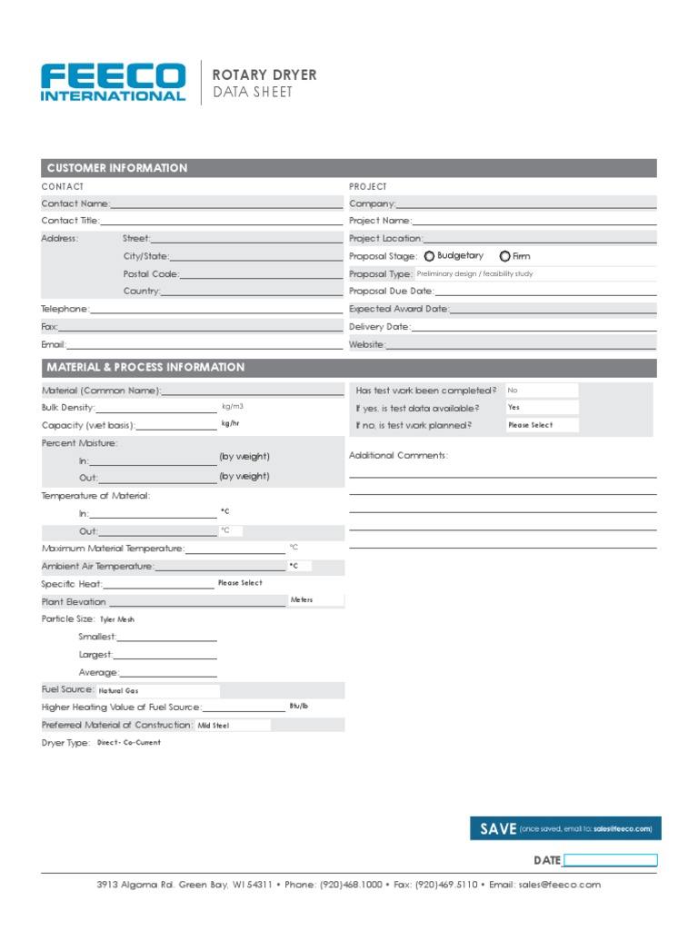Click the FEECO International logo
point(114,82)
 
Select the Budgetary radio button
point(429,256)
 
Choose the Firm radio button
point(504,256)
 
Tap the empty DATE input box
point(610,860)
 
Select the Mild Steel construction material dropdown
point(233,726)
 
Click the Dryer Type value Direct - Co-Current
point(129,743)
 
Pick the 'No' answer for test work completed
point(542,391)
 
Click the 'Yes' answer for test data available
point(542,408)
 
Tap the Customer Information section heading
point(117,168)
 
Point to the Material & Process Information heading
point(145,368)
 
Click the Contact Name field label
point(75,203)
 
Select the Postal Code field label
point(151,273)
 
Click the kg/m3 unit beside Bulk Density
point(233,407)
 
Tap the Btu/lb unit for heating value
point(299,706)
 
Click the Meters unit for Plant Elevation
point(302,600)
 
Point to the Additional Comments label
point(398,455)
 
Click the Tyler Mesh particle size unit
point(117,619)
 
